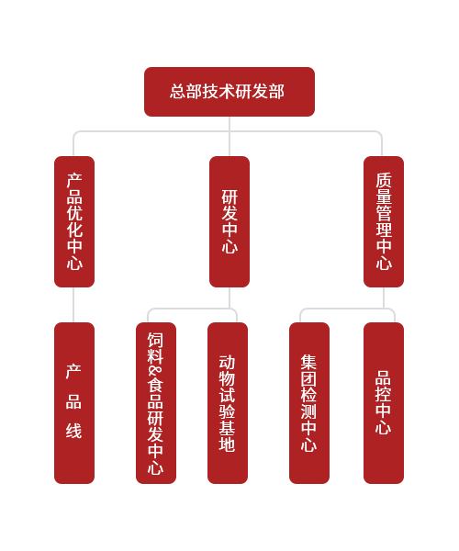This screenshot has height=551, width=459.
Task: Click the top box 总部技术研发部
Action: click(x=229, y=92)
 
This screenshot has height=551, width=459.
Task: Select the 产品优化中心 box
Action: click(x=74, y=221)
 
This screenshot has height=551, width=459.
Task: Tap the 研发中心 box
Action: click(x=229, y=221)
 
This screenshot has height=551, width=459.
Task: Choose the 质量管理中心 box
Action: click(x=384, y=221)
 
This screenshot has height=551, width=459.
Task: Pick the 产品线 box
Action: click(x=74, y=403)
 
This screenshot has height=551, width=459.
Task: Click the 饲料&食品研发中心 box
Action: click(x=156, y=403)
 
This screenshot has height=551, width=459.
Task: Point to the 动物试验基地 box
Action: click(x=228, y=403)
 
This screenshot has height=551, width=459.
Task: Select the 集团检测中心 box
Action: click(x=309, y=403)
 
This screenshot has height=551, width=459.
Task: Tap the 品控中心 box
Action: click(x=384, y=403)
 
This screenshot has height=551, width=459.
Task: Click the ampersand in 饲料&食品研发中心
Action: click(x=155, y=371)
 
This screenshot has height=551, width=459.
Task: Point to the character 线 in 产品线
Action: click(x=73, y=431)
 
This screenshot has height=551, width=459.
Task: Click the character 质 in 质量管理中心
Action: click(x=384, y=180)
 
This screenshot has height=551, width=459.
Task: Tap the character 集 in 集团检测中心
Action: click(x=308, y=362)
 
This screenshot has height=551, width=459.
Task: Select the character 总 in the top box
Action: click(x=178, y=92)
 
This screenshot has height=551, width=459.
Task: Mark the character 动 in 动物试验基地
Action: click(x=227, y=363)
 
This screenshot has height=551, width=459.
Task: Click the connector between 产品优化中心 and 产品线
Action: click(x=73, y=305)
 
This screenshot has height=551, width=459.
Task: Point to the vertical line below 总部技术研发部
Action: click(x=229, y=136)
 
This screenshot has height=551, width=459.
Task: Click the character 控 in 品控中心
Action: click(x=383, y=394)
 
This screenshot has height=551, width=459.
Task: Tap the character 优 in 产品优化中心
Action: click(x=74, y=213)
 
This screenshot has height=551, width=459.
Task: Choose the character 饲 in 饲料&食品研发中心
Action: click(x=155, y=340)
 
